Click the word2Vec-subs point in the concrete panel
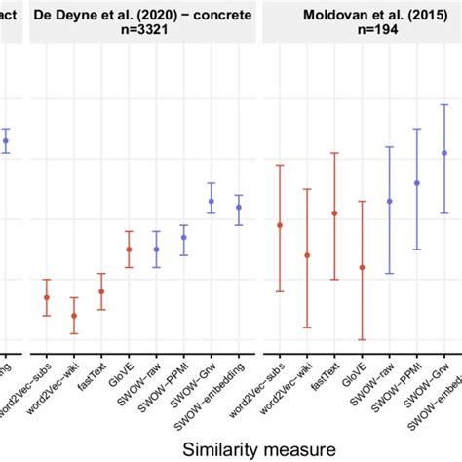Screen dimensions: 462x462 pos(46,297)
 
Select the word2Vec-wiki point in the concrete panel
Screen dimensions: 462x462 pos(74,316)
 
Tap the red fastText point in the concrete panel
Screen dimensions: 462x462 pos(101,291)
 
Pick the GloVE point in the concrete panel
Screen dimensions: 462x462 pos(129,250)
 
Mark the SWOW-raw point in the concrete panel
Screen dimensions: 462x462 pos(156,249)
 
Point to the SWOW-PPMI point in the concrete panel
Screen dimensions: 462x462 pos(184,238)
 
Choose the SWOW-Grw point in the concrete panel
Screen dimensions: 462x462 pos(212,202)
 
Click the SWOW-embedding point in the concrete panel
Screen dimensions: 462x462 pos(239,207)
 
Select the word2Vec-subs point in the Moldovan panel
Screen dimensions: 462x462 pos(281,225)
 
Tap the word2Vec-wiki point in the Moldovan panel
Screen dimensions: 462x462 pos(308,255)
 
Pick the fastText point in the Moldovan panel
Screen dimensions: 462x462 pos(335,213)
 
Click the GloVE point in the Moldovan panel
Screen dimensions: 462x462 pos(363,267)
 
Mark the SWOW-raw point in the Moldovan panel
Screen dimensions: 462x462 pos(390,202)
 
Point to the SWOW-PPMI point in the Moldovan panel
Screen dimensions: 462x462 pos(417,183)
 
